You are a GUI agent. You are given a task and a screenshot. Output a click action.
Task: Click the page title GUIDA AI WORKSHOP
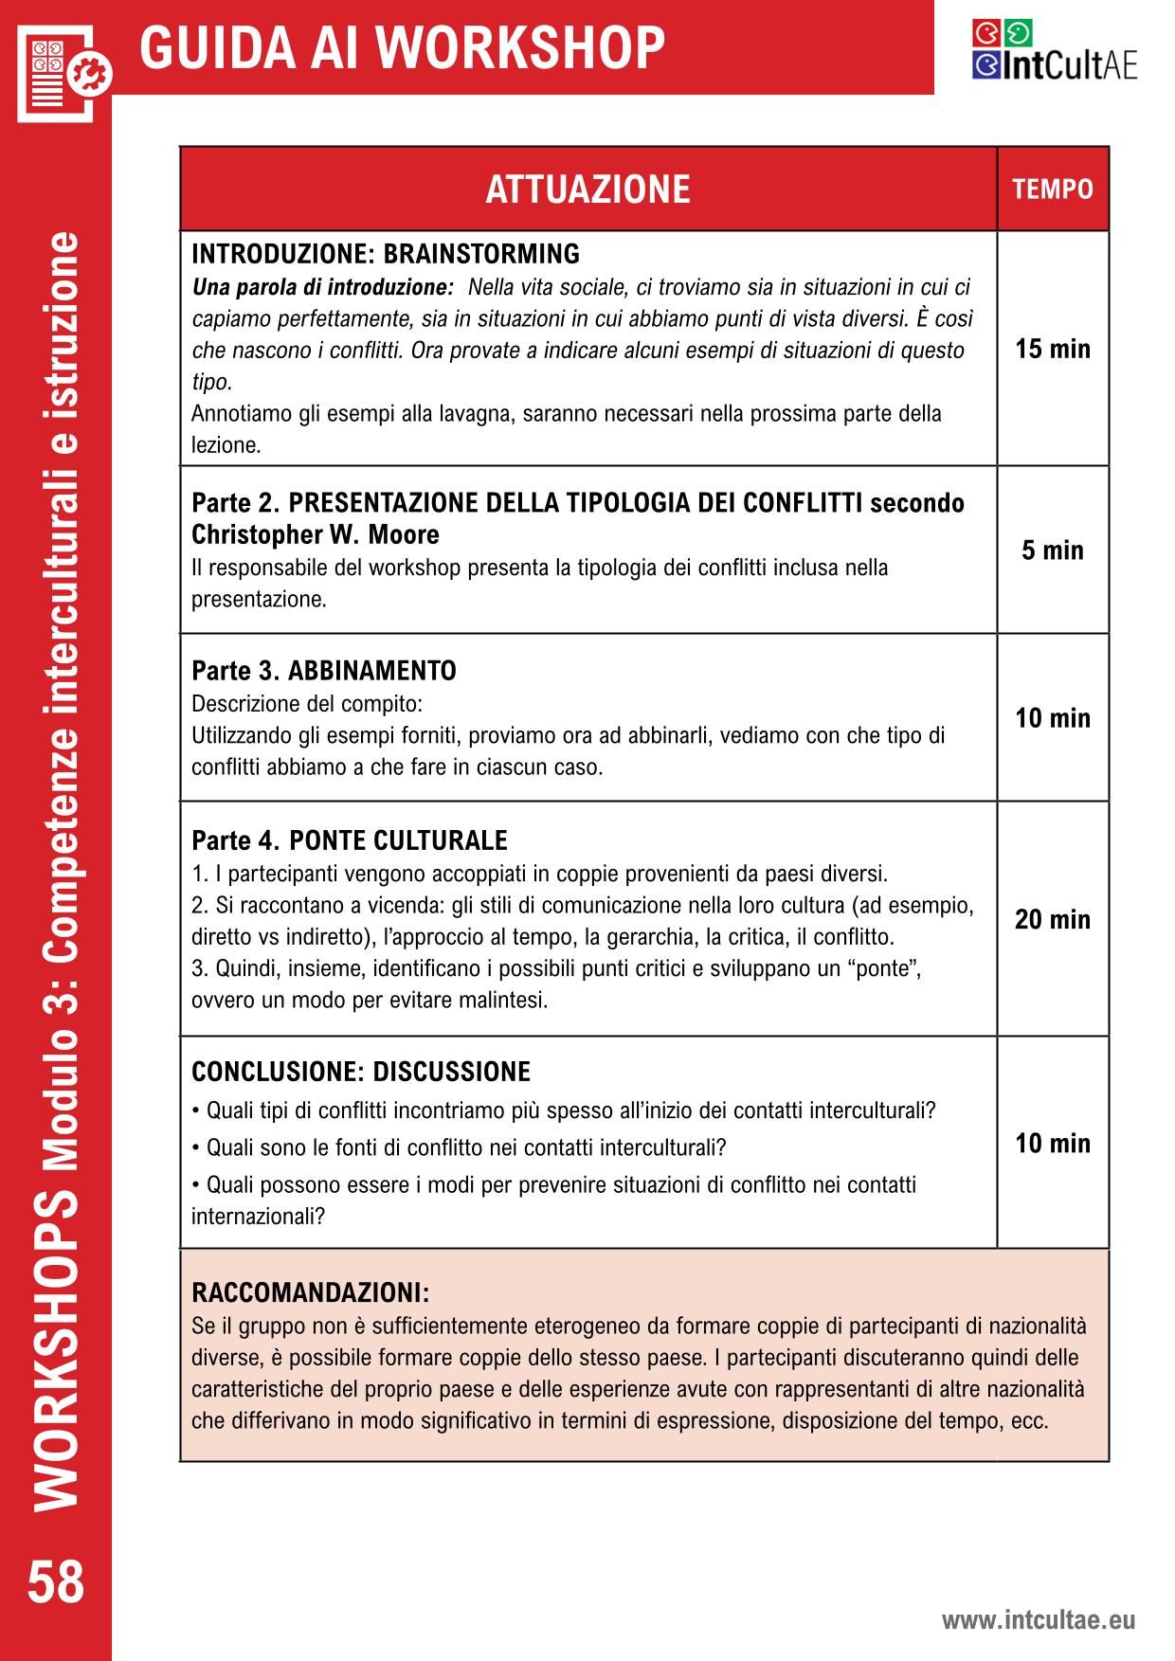(403, 47)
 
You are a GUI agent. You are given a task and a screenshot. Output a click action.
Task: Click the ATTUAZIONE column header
(587, 190)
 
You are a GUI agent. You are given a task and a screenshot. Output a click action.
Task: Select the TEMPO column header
(1053, 190)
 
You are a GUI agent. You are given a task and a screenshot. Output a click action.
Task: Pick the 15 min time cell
(1053, 349)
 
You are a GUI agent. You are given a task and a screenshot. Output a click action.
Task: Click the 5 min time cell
(1053, 551)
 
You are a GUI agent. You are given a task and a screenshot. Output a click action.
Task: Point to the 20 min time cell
(1053, 919)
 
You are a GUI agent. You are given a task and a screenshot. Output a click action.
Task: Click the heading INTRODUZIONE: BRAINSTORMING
(386, 254)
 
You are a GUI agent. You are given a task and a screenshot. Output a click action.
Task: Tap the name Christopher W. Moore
(316, 534)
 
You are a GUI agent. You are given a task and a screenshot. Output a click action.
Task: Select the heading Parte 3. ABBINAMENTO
(324, 671)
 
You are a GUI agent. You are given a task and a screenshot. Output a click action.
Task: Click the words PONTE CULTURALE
(398, 840)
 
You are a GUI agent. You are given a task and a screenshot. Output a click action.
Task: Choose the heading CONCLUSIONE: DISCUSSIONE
(361, 1072)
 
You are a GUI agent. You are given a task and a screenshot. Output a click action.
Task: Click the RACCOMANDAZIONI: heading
(311, 1292)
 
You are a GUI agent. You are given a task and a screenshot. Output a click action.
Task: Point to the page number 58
(56, 1583)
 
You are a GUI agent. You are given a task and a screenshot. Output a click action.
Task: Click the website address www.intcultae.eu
(1038, 1620)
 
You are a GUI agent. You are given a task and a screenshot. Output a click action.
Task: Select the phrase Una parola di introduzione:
(323, 286)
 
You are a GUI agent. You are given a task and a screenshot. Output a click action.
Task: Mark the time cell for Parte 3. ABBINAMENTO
(1053, 718)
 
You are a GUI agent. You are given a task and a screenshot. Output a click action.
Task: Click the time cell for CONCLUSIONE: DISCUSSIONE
(1053, 1143)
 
